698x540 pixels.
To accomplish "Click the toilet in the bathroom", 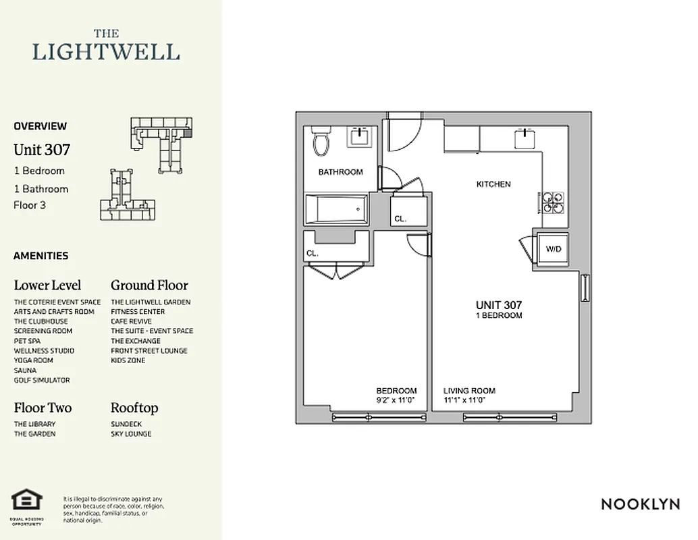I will coord(321,142).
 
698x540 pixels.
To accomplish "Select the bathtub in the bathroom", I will coord(336,210).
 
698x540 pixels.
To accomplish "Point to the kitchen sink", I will coord(527,138).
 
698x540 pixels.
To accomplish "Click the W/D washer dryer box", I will coord(554,250).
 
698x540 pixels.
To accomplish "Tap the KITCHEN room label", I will coord(493,184).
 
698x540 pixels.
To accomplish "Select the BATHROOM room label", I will coord(340,172).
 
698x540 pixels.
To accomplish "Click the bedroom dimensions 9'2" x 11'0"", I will coord(396,400).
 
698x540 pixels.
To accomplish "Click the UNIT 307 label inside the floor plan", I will coord(499,306).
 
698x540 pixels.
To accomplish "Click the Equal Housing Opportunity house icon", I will coord(27,500).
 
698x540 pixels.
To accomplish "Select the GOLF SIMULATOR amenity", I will coord(42,380).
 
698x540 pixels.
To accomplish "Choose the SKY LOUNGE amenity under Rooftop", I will coord(131,434).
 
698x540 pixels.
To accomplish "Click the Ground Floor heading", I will coord(149,285).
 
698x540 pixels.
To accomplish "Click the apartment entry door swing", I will coord(405,134).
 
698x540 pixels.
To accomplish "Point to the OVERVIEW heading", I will coord(41,126).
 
